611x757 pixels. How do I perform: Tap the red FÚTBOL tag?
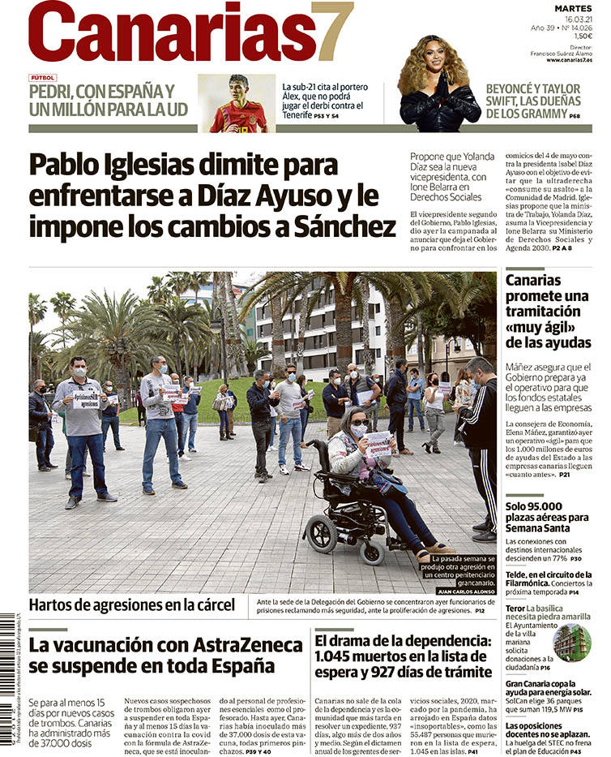[42, 78]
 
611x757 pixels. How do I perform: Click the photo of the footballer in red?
[237, 104]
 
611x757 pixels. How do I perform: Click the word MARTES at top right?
[574, 7]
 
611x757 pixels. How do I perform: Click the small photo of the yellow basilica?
[572, 642]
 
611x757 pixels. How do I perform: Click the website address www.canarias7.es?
[569, 60]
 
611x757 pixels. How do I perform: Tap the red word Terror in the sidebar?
[515, 609]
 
